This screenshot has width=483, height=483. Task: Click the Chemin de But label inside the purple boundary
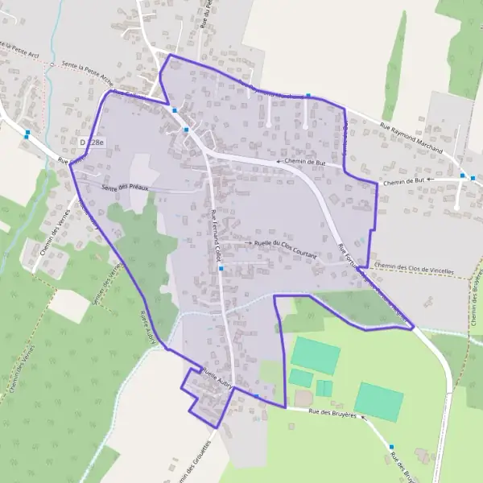point(311,162)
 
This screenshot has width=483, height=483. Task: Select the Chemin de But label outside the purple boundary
point(403,183)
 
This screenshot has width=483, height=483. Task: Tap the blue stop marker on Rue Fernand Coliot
point(221,269)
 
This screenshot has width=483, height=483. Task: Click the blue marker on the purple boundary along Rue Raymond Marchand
point(308,96)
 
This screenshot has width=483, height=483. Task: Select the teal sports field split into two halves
point(324,388)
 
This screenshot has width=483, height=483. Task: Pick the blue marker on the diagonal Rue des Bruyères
point(391,447)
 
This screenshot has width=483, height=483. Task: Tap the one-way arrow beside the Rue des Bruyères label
point(363,417)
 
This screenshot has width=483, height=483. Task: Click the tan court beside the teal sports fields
point(303,398)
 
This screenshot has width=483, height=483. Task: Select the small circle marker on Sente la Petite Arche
point(51,64)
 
